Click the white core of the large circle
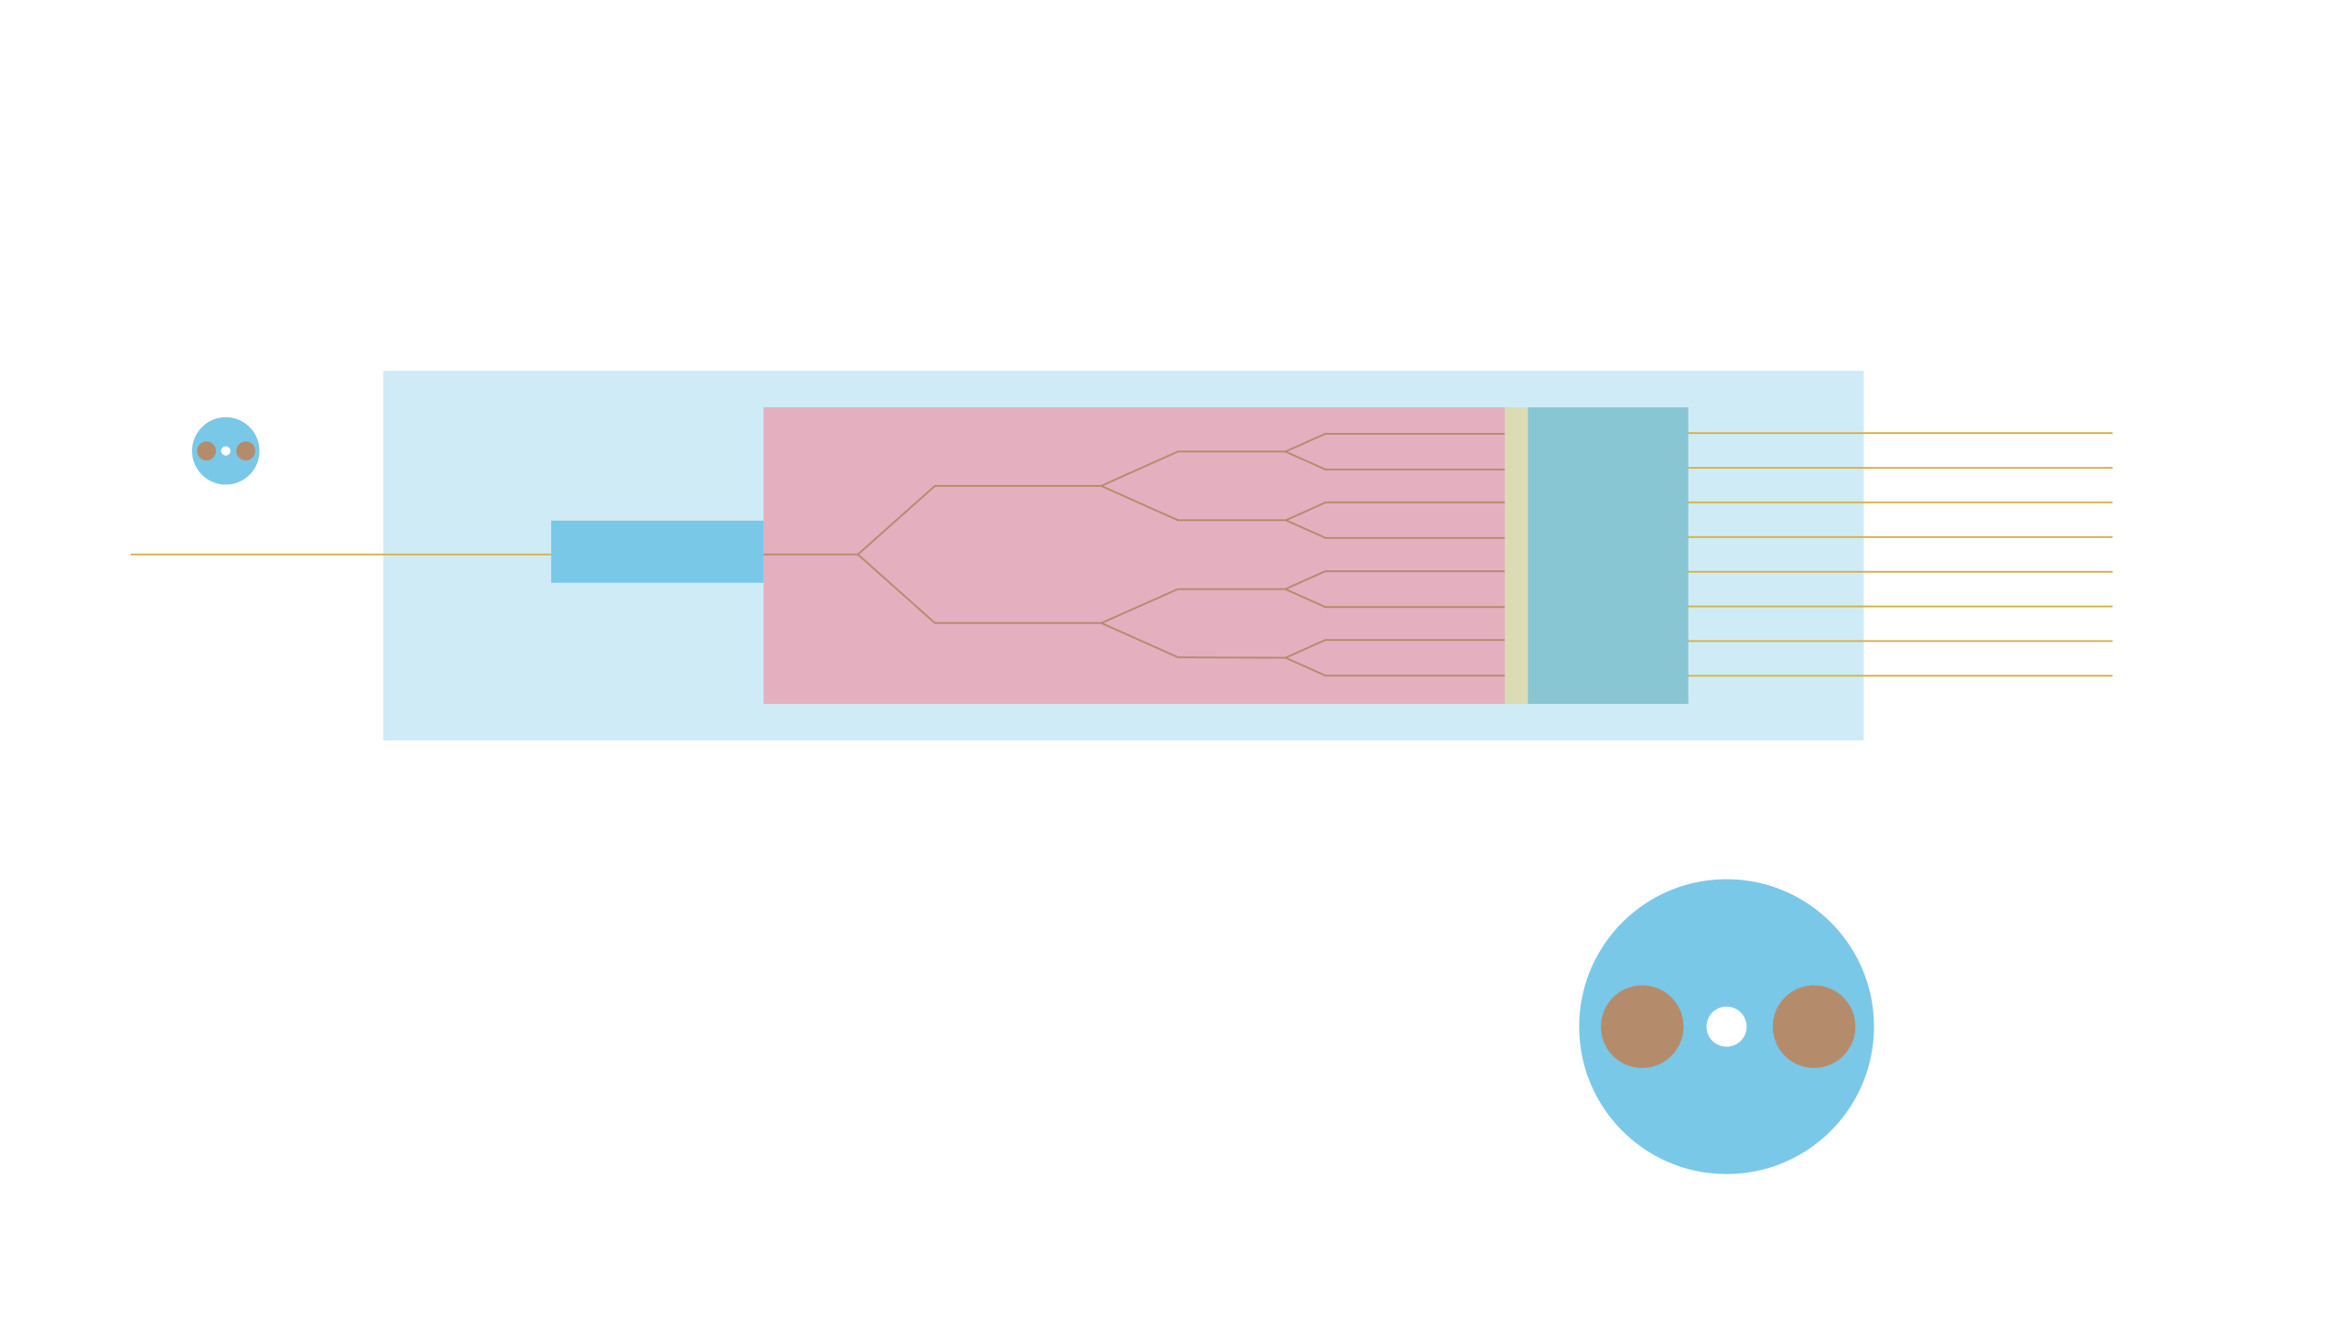point(1726,1026)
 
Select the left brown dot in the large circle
point(1642,1026)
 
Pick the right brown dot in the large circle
point(1813,1026)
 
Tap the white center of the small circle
point(226,450)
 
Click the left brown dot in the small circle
point(207,450)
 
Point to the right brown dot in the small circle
point(245,450)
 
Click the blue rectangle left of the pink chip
point(656,551)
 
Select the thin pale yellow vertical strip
point(1516,555)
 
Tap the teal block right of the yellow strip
point(1607,555)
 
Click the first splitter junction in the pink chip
point(858,555)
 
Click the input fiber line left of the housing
point(256,554)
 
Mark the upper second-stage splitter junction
point(1102,486)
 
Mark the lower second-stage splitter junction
point(1102,623)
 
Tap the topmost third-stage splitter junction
point(1286,451)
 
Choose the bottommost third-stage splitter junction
point(1286,657)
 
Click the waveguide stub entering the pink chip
point(810,555)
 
